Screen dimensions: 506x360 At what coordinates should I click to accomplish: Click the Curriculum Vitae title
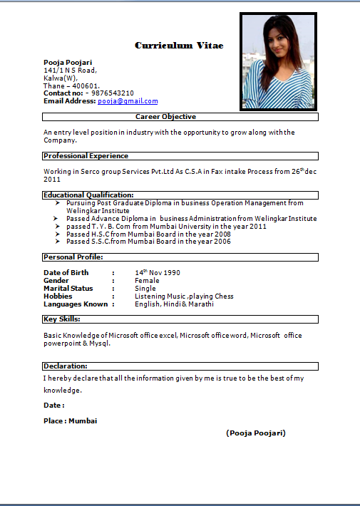179,46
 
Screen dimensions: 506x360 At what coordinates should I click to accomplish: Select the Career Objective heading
165,117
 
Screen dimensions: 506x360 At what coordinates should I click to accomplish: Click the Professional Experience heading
86,156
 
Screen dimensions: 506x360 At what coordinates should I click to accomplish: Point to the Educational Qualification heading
88,195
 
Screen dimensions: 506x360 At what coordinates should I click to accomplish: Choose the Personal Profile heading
73,257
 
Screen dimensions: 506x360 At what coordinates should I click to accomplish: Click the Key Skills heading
61,319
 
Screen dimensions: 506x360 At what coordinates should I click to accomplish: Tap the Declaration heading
65,366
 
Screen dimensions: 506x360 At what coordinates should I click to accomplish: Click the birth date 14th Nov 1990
158,273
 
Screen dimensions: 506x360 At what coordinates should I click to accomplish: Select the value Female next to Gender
147,281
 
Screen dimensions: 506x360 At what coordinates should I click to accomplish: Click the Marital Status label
68,289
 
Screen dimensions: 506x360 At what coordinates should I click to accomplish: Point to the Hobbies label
58,296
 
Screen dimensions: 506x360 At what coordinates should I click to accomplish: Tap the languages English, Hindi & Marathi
174,304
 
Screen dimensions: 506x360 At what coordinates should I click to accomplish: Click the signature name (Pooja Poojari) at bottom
256,433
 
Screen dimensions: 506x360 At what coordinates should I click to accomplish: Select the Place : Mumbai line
70,420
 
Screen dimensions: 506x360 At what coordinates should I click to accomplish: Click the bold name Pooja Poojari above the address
68,63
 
